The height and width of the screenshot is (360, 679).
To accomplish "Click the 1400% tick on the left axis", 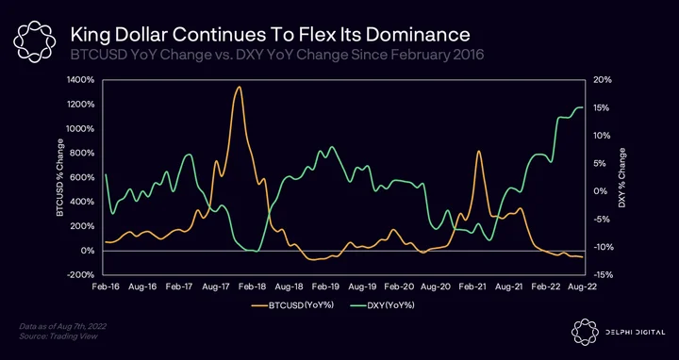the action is [x=82, y=80].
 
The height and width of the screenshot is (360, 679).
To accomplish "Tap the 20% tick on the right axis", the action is [x=602, y=80].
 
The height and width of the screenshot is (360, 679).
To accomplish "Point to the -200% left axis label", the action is [x=82, y=275].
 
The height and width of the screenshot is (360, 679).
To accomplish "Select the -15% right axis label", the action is [x=601, y=275].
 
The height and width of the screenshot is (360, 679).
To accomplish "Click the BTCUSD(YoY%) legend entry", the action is [x=292, y=305].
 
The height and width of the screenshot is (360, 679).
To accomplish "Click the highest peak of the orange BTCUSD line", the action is [x=239, y=87].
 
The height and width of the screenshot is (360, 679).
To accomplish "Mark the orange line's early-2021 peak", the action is [x=478, y=151].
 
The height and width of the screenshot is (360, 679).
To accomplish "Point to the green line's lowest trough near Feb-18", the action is [x=257, y=251].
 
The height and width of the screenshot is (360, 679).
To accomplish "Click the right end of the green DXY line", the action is [x=583, y=106].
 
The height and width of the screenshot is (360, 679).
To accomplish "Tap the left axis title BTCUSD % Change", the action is [x=59, y=177].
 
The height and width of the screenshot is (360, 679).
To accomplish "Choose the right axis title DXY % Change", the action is [x=621, y=177].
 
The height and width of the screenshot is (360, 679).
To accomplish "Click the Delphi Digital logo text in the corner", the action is [x=636, y=333].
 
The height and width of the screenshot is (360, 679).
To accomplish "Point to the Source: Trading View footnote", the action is [x=58, y=336].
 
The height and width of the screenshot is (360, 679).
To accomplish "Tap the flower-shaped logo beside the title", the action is [x=34, y=41].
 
